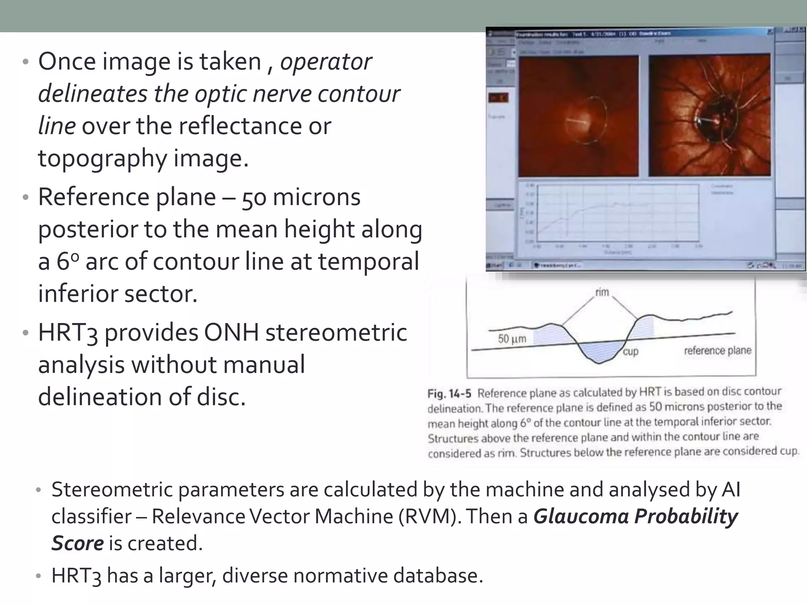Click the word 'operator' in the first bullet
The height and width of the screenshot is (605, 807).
tap(326, 62)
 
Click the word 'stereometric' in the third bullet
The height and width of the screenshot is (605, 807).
tap(336, 333)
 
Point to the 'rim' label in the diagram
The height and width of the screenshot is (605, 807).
tap(602, 292)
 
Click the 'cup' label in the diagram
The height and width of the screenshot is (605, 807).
tap(630, 351)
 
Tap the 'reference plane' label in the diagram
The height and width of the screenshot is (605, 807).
tap(718, 351)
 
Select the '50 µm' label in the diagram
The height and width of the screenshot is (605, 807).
tap(511, 339)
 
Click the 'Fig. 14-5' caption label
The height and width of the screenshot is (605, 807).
tap(449, 393)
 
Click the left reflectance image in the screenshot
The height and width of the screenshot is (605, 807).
tap(578, 116)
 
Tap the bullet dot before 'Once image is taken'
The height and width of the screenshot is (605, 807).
tap(26, 62)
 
